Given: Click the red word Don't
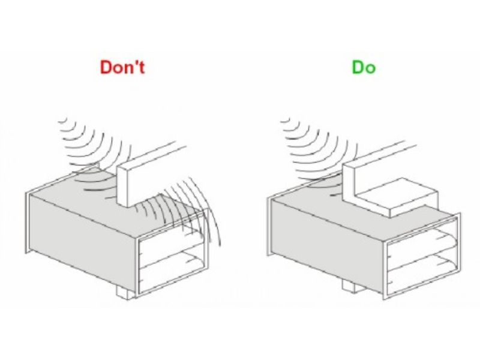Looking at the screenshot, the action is [x=122, y=67].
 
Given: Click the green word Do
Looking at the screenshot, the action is [x=364, y=67].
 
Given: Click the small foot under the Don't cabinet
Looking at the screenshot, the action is [x=125, y=292].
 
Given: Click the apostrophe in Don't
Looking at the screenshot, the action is [x=134, y=64].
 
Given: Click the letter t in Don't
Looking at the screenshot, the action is [x=142, y=68].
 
